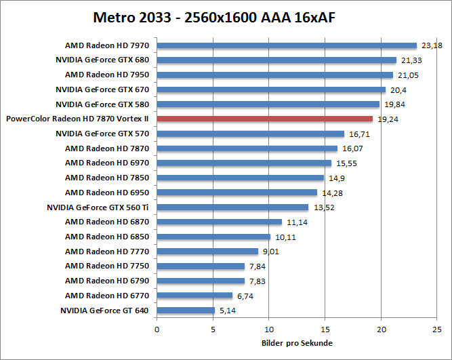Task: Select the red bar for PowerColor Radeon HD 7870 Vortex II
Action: (265, 119)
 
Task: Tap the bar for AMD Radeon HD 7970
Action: (287, 45)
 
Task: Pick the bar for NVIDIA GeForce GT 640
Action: (186, 311)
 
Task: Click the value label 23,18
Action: (432, 45)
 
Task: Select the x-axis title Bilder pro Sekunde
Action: (297, 343)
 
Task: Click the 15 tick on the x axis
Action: (325, 329)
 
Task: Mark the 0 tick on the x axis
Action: (157, 329)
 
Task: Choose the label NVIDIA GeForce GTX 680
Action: (102, 60)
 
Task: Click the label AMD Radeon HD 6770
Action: (107, 296)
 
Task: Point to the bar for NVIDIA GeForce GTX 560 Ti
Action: (232, 207)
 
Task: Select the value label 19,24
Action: (388, 119)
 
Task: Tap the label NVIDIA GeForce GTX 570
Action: (102, 134)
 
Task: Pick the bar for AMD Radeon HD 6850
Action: (213, 237)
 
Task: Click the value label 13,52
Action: (323, 207)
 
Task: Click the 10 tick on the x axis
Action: (269, 329)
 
